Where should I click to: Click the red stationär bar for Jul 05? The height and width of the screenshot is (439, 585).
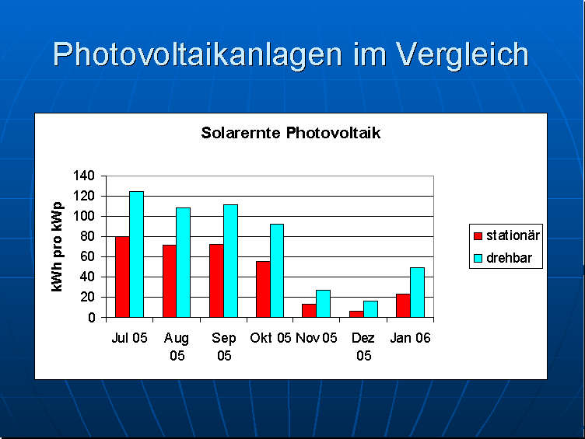point(122,277)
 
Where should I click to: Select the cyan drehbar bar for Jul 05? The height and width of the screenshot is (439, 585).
point(136,254)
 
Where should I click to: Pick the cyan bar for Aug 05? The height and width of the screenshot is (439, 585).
point(184,263)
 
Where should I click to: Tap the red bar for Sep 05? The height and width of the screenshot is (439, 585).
point(216,280)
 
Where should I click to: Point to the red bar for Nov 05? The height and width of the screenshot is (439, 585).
point(309,311)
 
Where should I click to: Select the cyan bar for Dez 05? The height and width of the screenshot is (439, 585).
point(370,309)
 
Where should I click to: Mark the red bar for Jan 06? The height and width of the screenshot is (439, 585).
point(403,305)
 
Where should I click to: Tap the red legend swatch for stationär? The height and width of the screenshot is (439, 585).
point(478,235)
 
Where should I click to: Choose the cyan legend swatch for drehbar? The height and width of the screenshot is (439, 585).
point(478,258)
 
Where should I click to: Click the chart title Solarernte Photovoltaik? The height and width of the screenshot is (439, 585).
point(290,133)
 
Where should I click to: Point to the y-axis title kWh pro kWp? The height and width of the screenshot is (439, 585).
point(57,246)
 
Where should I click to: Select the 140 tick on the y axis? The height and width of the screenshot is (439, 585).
point(83,176)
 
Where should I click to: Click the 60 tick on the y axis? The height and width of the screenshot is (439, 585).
point(87,256)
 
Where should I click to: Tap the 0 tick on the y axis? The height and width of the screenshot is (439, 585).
point(91,317)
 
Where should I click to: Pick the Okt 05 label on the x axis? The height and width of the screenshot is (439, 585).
point(271,338)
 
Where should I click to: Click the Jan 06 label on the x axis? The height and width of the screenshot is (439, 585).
point(411,338)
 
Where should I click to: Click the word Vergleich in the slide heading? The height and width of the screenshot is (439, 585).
point(462,54)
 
